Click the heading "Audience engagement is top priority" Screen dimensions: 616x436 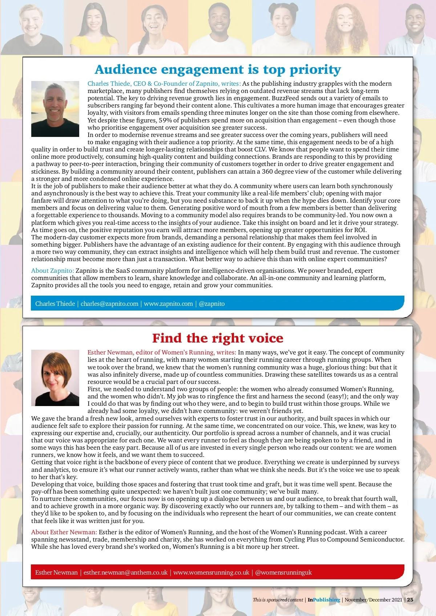click(x=218, y=69)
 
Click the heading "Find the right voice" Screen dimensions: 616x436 click(x=218, y=338)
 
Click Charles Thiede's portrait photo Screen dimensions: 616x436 click(x=55, y=109)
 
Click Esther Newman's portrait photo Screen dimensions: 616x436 click(x=55, y=378)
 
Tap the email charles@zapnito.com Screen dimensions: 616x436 click(x=109, y=304)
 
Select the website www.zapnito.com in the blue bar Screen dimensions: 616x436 click(x=168, y=304)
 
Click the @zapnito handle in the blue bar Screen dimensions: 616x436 click(x=212, y=304)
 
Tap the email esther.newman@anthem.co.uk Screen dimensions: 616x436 click(x=125, y=572)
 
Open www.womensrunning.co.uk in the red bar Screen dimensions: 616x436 click(x=211, y=572)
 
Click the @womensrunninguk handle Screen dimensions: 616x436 click(x=283, y=572)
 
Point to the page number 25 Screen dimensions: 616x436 click(x=410, y=600)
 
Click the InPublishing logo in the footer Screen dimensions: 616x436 click(x=324, y=600)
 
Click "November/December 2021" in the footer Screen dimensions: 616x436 click(x=373, y=600)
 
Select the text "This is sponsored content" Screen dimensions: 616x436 click(x=278, y=600)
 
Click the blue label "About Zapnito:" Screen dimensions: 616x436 click(x=53, y=271)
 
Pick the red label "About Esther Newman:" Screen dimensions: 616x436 click(x=64, y=532)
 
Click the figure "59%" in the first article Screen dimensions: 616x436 click(x=165, y=120)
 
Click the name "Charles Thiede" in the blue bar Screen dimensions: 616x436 click(x=55, y=304)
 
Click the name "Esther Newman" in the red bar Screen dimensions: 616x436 click(x=56, y=572)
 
